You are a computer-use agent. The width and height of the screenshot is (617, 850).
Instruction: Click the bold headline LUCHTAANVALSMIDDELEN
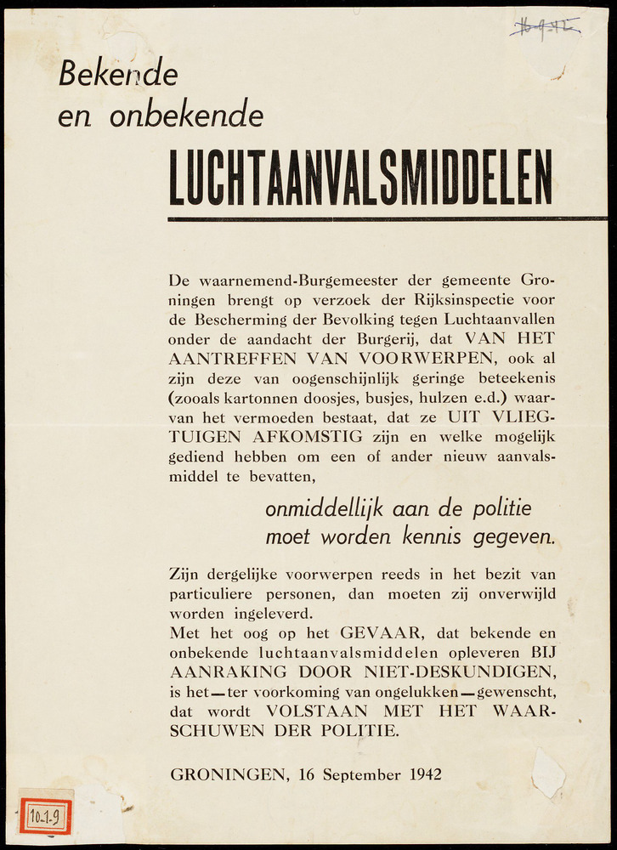[360, 178]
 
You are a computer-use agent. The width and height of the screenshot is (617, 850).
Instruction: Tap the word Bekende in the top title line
[118, 75]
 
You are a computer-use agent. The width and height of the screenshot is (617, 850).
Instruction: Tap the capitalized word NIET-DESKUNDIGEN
[444, 671]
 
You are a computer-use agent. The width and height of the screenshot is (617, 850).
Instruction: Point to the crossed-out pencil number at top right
[544, 28]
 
